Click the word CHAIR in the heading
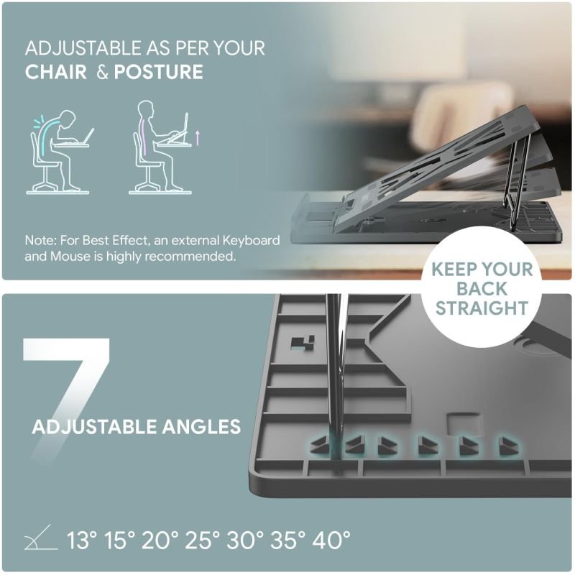pyautogui.click(x=56, y=72)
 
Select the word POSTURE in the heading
pyautogui.click(x=158, y=72)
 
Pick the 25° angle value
pyautogui.click(x=202, y=540)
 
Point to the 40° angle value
pyautogui.click(x=331, y=540)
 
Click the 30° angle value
pyautogui.click(x=245, y=540)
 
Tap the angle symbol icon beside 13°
pyautogui.click(x=40, y=538)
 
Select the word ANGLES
pyautogui.click(x=201, y=427)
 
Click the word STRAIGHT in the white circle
pyautogui.click(x=482, y=308)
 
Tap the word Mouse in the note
pyautogui.click(x=70, y=256)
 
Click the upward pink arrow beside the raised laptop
pyautogui.click(x=198, y=137)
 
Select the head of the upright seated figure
pyautogui.click(x=146, y=109)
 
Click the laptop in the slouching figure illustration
pyautogui.click(x=88, y=136)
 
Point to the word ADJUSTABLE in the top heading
pyautogui.click(x=83, y=48)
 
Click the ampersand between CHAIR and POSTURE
pyautogui.click(x=102, y=73)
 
